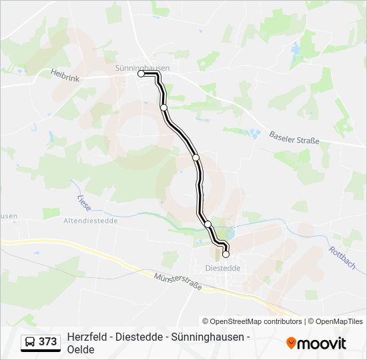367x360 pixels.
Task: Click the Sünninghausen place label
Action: pyautogui.click(x=142, y=67)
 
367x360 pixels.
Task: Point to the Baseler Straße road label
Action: pyautogui.click(x=294, y=137)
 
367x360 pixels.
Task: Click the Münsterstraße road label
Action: pyautogui.click(x=177, y=283)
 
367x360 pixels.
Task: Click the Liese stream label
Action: pyautogui.click(x=83, y=201)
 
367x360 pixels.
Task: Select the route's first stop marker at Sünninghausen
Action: pyautogui.click(x=141, y=74)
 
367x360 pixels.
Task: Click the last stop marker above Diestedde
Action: pyautogui.click(x=226, y=254)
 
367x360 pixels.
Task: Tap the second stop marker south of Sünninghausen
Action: pyautogui.click(x=163, y=107)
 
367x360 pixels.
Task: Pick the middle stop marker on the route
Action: pyautogui.click(x=196, y=157)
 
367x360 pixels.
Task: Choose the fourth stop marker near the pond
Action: pyautogui.click(x=208, y=223)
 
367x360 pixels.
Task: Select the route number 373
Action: pyautogui.click(x=48, y=342)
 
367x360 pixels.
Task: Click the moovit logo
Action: pyautogui.click(x=316, y=343)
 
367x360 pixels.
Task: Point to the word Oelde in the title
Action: pyautogui.click(x=81, y=349)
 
